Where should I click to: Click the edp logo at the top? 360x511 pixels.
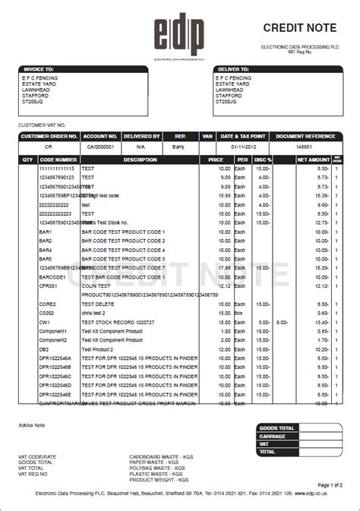tap(180, 34)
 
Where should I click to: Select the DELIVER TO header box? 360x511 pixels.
tap(232, 68)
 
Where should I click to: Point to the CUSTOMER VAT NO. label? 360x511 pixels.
tap(42, 124)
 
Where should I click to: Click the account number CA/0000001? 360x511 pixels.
tap(99, 146)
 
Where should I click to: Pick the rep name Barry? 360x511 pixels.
tap(179, 146)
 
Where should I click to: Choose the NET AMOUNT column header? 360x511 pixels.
tap(313, 159)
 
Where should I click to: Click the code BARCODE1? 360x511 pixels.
tap(52, 277)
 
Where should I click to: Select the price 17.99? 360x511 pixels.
tap(224, 268)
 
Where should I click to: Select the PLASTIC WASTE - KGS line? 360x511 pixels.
tap(159, 473)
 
